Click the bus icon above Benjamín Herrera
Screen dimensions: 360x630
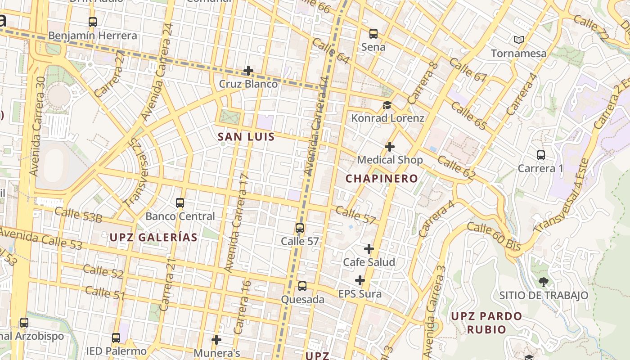pyautogui.click(x=93, y=22)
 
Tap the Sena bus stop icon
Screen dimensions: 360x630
pyautogui.click(x=373, y=33)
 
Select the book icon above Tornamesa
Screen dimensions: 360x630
pyautogui.click(x=519, y=40)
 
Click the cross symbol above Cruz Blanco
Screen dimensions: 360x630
pyautogui.click(x=248, y=71)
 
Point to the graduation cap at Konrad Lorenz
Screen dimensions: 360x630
pyautogui.click(x=387, y=105)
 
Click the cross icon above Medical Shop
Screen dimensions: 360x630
pyautogui.click(x=390, y=147)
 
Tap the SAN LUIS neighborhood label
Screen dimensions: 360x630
pyautogui.click(x=246, y=137)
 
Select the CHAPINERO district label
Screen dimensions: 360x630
pyautogui.click(x=382, y=179)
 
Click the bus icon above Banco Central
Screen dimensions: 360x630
pyautogui.click(x=180, y=203)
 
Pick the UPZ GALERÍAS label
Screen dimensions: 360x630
pyautogui.click(x=154, y=238)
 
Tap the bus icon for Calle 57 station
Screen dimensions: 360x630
pyautogui.click(x=300, y=228)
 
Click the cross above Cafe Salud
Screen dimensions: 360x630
pyautogui.click(x=369, y=249)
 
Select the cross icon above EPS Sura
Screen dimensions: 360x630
pyautogui.click(x=360, y=281)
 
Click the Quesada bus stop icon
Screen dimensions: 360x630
pyautogui.click(x=302, y=286)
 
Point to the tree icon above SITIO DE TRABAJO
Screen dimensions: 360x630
pyautogui.click(x=544, y=282)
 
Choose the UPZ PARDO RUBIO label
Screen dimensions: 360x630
pyautogui.click(x=486, y=323)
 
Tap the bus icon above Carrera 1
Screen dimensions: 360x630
pyautogui.click(x=541, y=155)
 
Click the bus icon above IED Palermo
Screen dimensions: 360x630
pyautogui.click(x=116, y=338)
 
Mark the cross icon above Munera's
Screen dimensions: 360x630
pyautogui.click(x=216, y=340)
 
